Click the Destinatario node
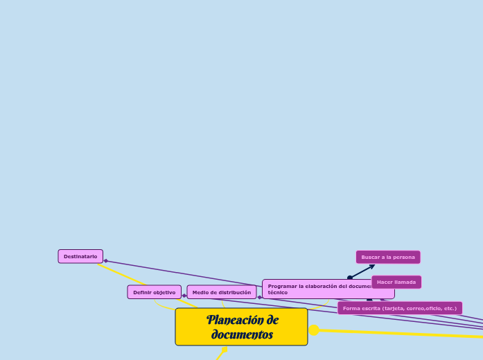(x=80, y=257)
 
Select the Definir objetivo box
(x=154, y=292)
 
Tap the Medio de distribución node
(x=222, y=292)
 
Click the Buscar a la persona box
(x=388, y=257)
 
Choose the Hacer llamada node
(x=396, y=282)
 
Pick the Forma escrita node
(x=400, y=308)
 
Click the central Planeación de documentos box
(x=241, y=327)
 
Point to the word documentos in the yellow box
(x=242, y=335)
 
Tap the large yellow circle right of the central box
(x=314, y=330)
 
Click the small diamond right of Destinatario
(x=105, y=261)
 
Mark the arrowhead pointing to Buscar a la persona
(x=372, y=265)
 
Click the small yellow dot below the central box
(x=224, y=350)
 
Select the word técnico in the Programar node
(x=278, y=293)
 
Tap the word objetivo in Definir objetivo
(x=165, y=292)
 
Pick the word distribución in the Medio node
(x=235, y=292)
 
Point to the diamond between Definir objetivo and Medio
(x=184, y=296)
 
